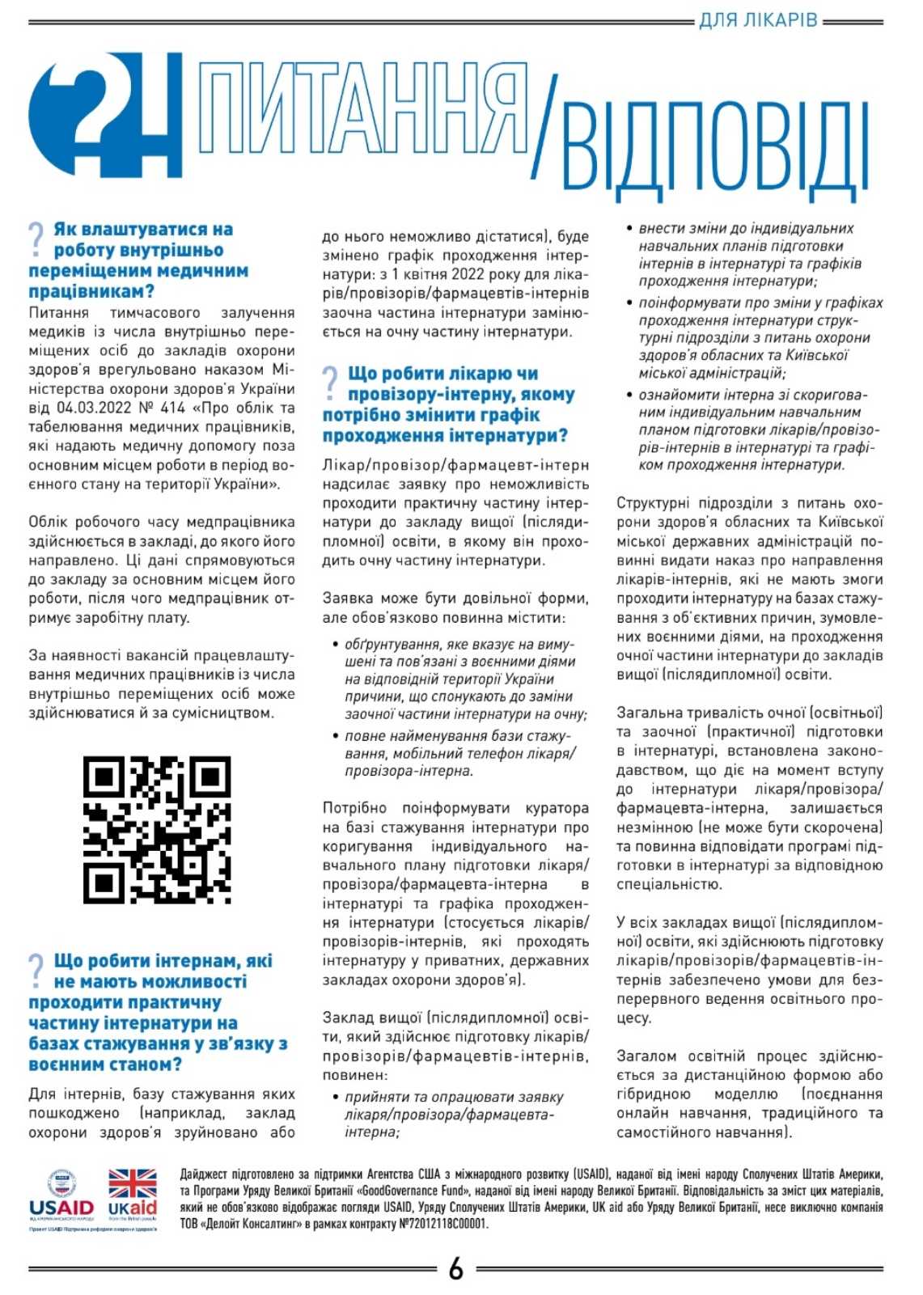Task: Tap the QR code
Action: coord(157,829)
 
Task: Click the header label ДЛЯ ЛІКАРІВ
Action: coord(758,19)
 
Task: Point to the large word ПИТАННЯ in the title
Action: coord(362,109)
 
